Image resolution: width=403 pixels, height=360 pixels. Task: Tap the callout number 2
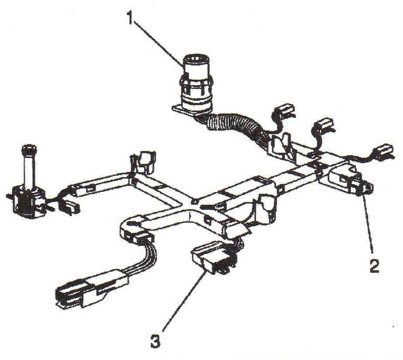[x=374, y=265]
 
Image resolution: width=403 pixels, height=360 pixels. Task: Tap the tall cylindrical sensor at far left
[x=28, y=182]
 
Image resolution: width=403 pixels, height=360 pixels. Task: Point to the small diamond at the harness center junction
[x=195, y=202]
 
